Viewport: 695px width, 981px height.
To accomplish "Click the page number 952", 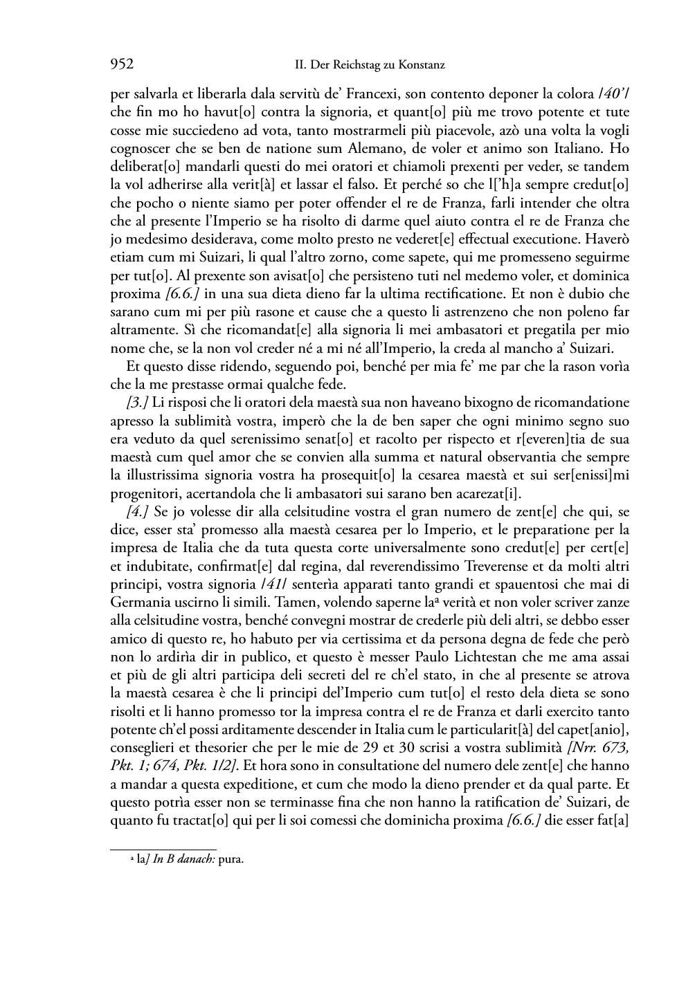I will point(122,65).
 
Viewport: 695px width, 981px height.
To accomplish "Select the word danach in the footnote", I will point(195,859).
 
